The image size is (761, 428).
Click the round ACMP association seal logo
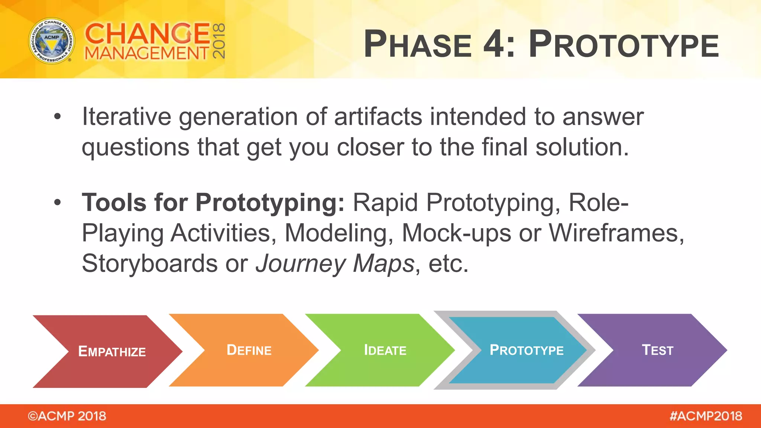tap(52, 40)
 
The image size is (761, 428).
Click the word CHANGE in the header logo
tap(148, 33)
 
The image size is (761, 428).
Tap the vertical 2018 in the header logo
tap(219, 41)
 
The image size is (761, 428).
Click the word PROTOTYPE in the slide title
tap(624, 44)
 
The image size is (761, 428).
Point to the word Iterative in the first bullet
tap(126, 117)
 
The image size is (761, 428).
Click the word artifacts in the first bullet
tap(378, 117)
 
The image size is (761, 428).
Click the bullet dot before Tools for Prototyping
tap(57, 202)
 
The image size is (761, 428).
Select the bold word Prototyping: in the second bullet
tap(270, 203)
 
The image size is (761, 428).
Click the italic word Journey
tap(301, 264)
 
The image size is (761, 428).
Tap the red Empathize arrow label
tap(112, 351)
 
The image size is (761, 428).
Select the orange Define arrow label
tap(249, 350)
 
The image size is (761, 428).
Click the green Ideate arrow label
tap(385, 350)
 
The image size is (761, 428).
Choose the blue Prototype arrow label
tap(527, 350)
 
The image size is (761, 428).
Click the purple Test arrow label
tap(657, 350)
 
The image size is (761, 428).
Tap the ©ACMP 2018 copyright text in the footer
tap(67, 416)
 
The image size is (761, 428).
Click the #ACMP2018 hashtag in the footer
tap(706, 416)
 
